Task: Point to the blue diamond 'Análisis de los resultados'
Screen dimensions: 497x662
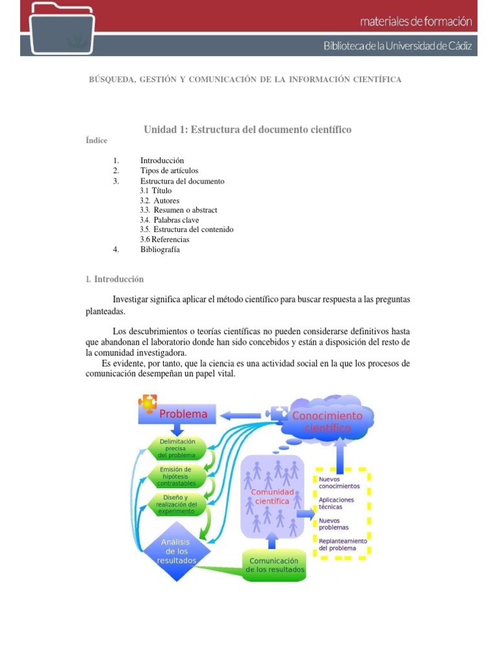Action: pos(176,551)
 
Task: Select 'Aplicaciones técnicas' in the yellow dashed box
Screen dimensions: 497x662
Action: pos(337,503)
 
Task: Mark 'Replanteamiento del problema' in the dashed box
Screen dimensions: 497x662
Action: pos(343,544)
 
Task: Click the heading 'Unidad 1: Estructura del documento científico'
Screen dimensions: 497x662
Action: pos(247,130)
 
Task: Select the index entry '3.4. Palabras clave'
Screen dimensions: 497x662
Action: pos(170,220)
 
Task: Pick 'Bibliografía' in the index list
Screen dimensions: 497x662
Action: pos(160,249)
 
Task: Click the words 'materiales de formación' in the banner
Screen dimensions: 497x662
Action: pos(416,21)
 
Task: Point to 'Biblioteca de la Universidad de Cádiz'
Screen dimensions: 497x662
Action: pos(397,46)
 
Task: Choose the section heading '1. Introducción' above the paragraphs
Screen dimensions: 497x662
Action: pos(115,279)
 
